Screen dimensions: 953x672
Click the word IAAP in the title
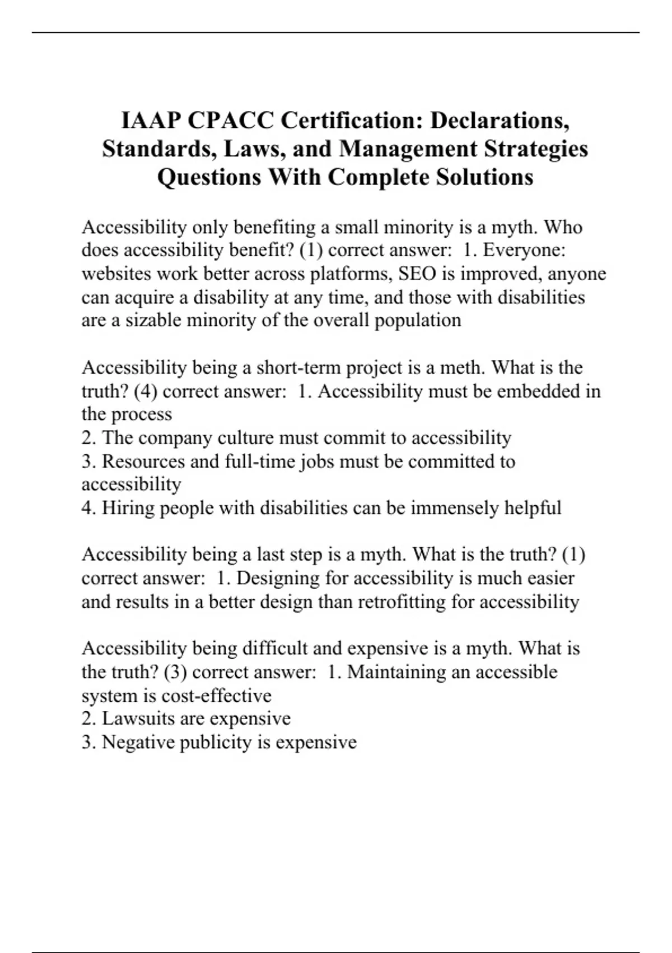tap(150, 121)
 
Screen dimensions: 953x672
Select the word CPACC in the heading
tap(231, 121)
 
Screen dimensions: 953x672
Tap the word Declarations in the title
tap(500, 121)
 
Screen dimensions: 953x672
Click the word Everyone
tap(524, 250)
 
